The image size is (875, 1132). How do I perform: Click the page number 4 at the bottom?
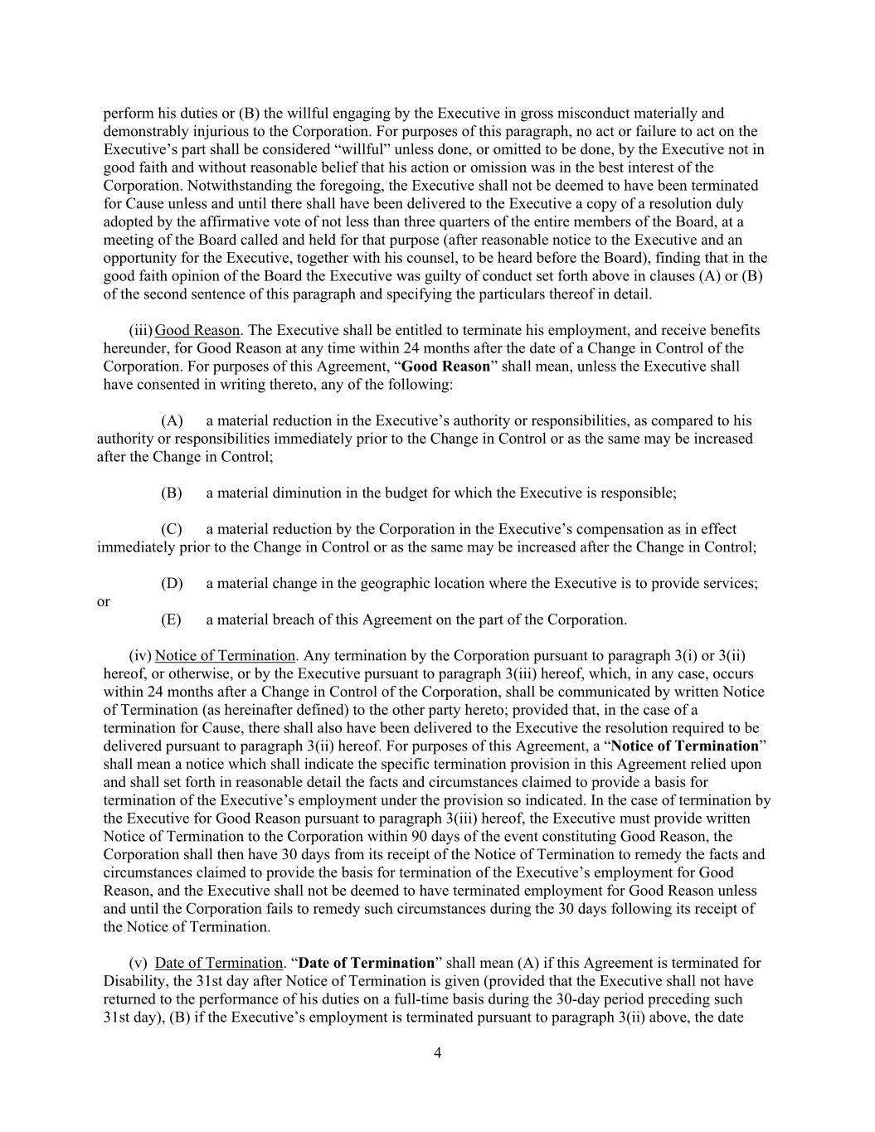click(x=437, y=1053)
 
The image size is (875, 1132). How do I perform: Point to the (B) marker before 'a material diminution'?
click(x=171, y=493)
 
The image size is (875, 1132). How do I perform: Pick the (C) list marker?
click(x=171, y=529)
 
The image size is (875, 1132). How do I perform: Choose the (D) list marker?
click(x=171, y=584)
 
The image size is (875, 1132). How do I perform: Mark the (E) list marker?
click(x=171, y=619)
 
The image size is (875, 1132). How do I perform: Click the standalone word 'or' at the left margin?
click(x=103, y=602)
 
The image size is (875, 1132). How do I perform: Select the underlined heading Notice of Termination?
click(x=225, y=656)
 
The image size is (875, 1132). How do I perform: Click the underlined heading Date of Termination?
click(x=219, y=963)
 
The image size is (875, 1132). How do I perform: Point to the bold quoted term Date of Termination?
click(x=366, y=963)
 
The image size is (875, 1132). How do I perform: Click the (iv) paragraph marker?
click(x=140, y=656)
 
